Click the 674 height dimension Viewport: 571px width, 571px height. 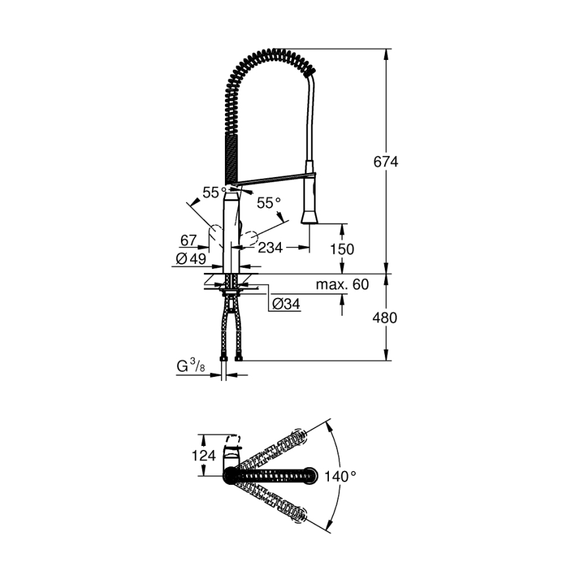pos(386,161)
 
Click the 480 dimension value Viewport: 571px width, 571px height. pos(386,318)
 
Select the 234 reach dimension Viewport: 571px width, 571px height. pos(270,248)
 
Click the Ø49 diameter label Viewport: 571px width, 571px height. pos(189,260)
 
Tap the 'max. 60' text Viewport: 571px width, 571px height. pos(342,285)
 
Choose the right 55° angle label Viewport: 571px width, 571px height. pos(268,204)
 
